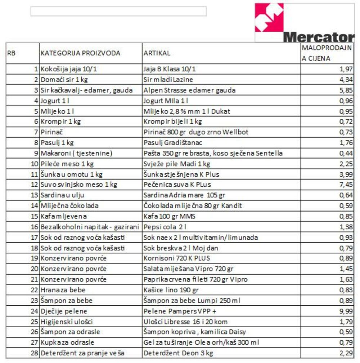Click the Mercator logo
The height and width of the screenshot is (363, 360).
[x=304, y=23]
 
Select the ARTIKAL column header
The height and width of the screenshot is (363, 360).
[x=157, y=53]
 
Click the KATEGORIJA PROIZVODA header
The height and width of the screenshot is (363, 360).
[x=80, y=53]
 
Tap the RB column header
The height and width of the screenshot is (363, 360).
[x=11, y=53]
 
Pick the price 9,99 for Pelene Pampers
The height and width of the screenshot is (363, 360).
[x=346, y=311]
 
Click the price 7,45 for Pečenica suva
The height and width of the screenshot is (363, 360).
[x=346, y=185]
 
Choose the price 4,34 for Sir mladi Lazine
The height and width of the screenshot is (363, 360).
[x=346, y=80]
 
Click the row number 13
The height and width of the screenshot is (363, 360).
[x=35, y=195]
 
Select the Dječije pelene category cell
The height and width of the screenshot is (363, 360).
[x=64, y=311]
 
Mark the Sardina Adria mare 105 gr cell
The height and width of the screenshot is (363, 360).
[x=184, y=195]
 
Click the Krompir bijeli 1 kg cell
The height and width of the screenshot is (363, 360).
[x=173, y=121]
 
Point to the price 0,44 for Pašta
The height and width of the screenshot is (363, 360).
[x=346, y=153]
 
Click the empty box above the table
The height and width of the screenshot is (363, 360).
[x=118, y=12]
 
